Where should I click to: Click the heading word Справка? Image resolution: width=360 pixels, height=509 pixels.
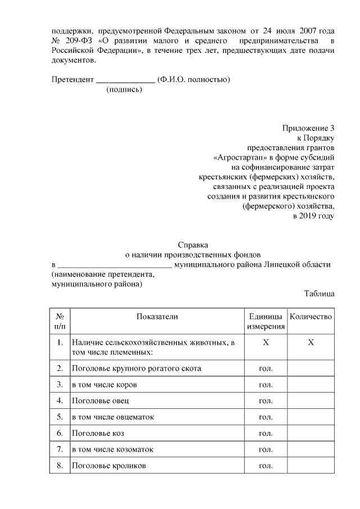pyautogui.click(x=193, y=245)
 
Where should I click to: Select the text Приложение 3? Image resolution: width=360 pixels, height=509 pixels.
pyautogui.click(x=308, y=128)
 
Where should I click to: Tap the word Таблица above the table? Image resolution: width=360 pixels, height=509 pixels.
pyautogui.click(x=319, y=293)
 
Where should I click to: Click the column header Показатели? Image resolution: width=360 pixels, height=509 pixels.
pyautogui.click(x=157, y=317)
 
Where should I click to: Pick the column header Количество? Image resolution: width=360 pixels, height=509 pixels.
pyautogui.click(x=310, y=317)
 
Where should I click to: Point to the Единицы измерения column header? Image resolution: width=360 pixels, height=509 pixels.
pyautogui.click(x=265, y=321)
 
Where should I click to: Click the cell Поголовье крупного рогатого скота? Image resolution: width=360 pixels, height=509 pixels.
pyautogui.click(x=136, y=368)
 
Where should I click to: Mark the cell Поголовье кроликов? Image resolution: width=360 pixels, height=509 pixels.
pyautogui.click(x=109, y=466)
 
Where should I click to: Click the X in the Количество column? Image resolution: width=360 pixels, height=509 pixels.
pyautogui.click(x=310, y=343)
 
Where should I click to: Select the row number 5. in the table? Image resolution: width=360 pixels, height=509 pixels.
pyautogui.click(x=60, y=417)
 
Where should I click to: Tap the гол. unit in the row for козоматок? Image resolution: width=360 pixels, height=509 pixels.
pyautogui.click(x=265, y=450)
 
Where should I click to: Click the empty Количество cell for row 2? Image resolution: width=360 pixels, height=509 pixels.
pyautogui.click(x=310, y=368)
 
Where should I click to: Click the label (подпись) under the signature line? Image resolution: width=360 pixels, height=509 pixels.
pyautogui.click(x=124, y=89)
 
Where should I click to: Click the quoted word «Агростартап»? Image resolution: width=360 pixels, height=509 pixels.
pyautogui.click(x=236, y=157)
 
